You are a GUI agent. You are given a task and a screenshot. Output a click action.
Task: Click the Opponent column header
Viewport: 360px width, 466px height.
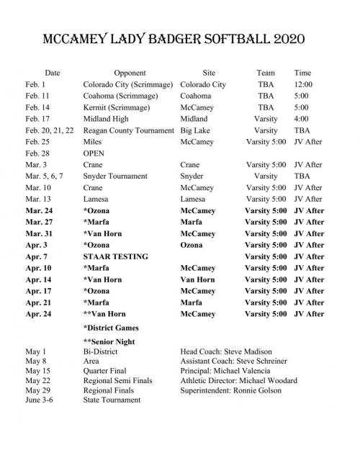[130, 73]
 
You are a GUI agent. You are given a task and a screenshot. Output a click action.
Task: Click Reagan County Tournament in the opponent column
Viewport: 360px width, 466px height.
[129, 130]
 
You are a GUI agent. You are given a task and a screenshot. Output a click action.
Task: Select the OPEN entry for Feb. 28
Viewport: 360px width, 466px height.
[94, 153]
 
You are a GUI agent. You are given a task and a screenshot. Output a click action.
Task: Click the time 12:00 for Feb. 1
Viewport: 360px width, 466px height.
[303, 84]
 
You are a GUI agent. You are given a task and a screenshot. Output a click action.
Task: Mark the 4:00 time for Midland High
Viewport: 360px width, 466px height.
[301, 119]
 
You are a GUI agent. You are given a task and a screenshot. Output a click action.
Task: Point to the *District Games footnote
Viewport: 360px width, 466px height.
[114, 328]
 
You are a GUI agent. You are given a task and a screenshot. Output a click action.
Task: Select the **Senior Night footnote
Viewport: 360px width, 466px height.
[114, 341]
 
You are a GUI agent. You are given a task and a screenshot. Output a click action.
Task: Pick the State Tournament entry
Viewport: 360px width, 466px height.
[112, 400]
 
